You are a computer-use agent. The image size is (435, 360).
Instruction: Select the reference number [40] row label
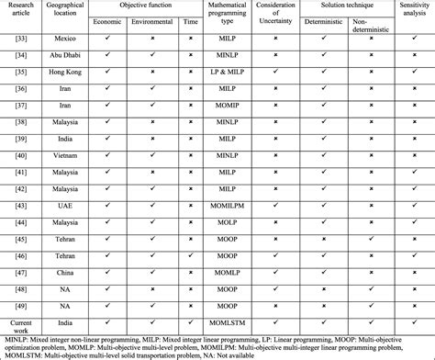pyautogui.click(x=19, y=166)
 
